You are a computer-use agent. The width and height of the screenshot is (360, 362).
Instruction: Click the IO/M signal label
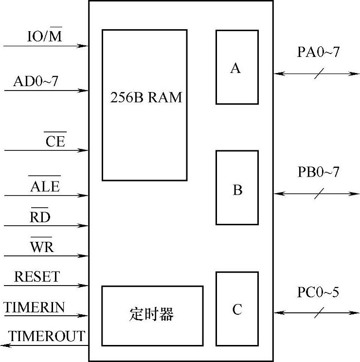pyautogui.click(x=44, y=36)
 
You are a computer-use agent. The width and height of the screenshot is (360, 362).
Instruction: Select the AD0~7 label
pyautogui.click(x=36, y=81)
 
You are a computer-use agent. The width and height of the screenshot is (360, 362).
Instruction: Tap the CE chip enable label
pyautogui.click(x=55, y=141)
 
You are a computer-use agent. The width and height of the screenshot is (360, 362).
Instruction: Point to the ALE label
pyautogui.click(x=45, y=186)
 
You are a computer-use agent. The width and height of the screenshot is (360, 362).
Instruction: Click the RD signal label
pyautogui.click(x=40, y=217)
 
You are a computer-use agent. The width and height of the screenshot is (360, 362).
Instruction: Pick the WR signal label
pyautogui.click(x=42, y=247)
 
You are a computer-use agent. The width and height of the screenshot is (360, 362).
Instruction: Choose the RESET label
pyautogui.click(x=37, y=277)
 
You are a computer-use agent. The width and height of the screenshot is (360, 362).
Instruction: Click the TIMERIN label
pyautogui.click(x=35, y=308)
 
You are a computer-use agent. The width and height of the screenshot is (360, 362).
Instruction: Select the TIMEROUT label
pyautogui.click(x=46, y=336)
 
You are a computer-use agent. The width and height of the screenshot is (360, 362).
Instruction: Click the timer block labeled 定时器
pyautogui.click(x=152, y=315)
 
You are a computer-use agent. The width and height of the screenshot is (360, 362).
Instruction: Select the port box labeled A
pyautogui.click(x=236, y=67)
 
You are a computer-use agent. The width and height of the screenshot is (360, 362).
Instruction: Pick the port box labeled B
pyautogui.click(x=237, y=188)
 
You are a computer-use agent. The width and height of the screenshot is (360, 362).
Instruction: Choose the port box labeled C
pyautogui.click(x=237, y=309)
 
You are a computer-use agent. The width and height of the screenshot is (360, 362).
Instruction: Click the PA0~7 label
pyautogui.click(x=318, y=53)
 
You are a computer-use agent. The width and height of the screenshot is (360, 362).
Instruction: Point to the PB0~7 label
pyautogui.click(x=318, y=172)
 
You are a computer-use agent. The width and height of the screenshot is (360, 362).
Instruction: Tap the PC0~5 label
pyautogui.click(x=318, y=292)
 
